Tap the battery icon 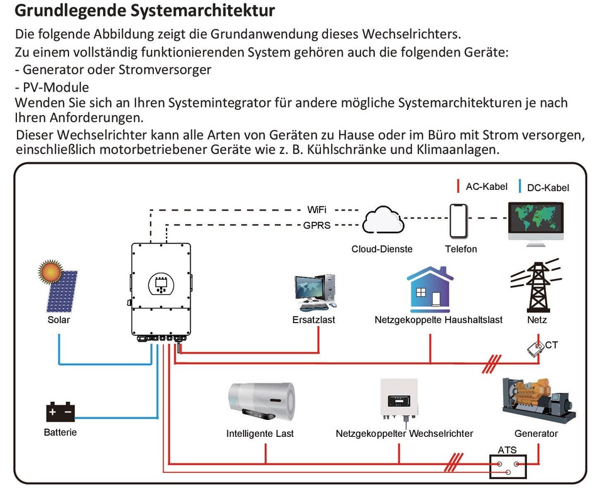tap(60, 412)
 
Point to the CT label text tap(551, 345)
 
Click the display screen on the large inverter tap(161, 285)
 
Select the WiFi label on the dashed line tap(317, 209)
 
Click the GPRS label tap(317, 225)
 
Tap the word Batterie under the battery tap(60, 432)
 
